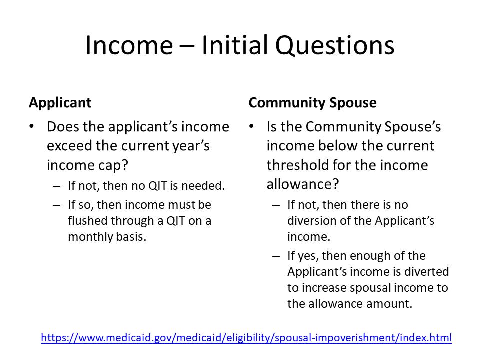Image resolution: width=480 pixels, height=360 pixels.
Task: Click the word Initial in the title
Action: pyautogui.click(x=234, y=46)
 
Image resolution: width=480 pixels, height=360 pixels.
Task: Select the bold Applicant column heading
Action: pyautogui.click(x=60, y=103)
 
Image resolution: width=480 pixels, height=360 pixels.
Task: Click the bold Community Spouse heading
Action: pyautogui.click(x=312, y=103)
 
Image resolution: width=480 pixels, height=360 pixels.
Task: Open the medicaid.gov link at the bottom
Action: pyautogui.click(x=246, y=338)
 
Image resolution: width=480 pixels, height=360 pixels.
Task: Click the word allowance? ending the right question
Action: pyautogui.click(x=303, y=184)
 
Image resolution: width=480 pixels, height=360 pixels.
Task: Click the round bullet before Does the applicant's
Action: pyautogui.click(x=32, y=127)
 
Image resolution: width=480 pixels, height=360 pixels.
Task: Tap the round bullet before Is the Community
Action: pyautogui.click(x=252, y=127)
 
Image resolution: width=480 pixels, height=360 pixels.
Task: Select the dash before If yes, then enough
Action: pyautogui.click(x=276, y=256)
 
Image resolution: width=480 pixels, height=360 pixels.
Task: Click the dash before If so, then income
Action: pyautogui.click(x=56, y=205)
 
